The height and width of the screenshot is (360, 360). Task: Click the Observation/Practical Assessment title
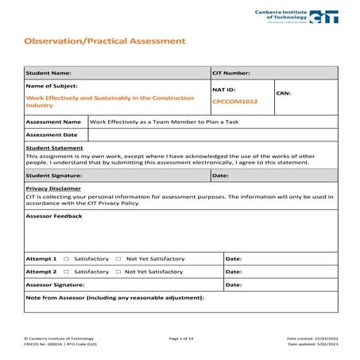[105, 40]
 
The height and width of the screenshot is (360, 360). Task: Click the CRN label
[284, 94]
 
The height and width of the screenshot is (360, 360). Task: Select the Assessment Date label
[53, 135]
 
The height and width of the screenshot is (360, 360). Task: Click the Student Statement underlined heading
[54, 149]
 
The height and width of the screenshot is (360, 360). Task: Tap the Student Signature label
[54, 175]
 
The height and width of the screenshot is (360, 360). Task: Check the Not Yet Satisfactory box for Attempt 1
[118, 259]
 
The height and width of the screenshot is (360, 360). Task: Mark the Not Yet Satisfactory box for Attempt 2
[118, 272]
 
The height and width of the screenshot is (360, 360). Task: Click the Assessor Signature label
[55, 285]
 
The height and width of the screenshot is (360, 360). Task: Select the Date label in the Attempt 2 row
[234, 272]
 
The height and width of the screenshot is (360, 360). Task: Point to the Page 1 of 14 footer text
[181, 339]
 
